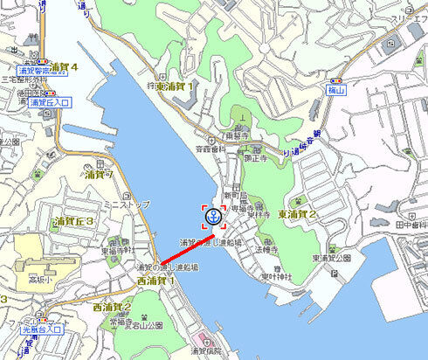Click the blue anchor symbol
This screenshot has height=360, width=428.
[212, 217]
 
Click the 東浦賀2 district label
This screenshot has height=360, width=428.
[298, 214]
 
